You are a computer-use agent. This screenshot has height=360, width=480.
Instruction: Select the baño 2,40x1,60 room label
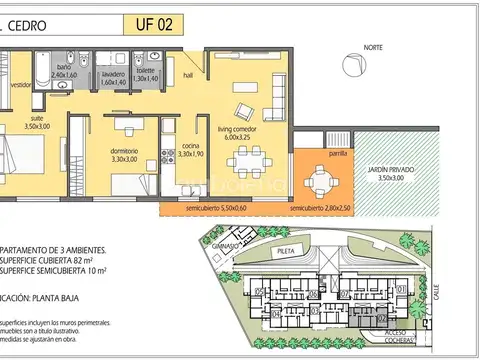pyautogui.click(x=64, y=71)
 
